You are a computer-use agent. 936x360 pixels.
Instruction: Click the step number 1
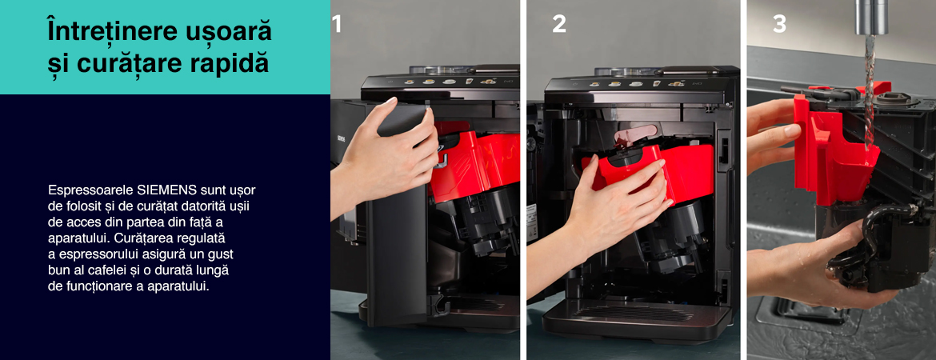point(338,25)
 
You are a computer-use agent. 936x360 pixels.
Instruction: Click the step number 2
point(558,25)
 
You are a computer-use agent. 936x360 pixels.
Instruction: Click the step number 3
point(779,25)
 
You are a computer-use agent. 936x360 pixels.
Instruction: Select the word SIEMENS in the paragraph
point(167,190)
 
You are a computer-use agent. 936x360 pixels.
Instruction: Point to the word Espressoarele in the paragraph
point(90,190)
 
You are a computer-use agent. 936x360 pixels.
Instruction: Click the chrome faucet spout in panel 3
point(871,17)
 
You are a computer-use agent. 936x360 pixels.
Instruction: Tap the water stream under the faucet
point(870,90)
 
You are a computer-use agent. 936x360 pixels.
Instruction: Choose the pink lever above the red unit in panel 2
point(635,134)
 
